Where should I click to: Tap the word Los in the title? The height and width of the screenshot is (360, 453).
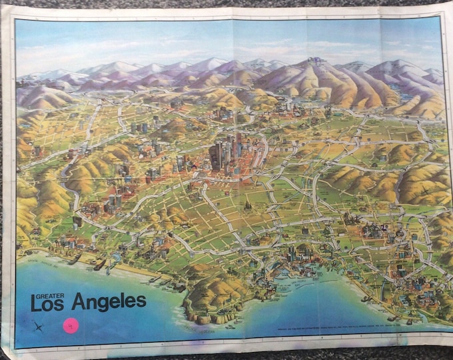[48, 303]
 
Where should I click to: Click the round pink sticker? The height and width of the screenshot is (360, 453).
[70, 326]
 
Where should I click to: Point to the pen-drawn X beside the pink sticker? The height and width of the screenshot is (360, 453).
[39, 326]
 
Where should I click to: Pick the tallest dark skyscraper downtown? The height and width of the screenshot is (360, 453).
[215, 155]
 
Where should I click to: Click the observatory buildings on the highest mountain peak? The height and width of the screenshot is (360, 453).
[316, 61]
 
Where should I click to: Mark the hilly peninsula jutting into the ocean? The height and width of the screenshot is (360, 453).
[213, 293]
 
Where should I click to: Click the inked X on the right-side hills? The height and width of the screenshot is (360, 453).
[424, 192]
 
